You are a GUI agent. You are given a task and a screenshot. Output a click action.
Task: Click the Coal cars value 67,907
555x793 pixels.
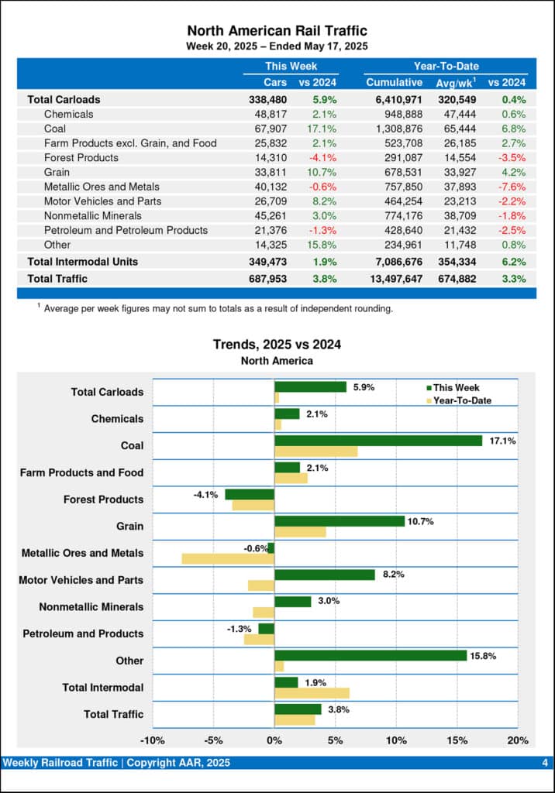pyautogui.click(x=270, y=129)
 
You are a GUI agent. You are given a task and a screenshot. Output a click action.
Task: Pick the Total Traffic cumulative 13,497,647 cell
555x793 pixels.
pyautogui.click(x=394, y=279)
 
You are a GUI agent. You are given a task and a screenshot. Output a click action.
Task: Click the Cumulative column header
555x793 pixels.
pyautogui.click(x=394, y=82)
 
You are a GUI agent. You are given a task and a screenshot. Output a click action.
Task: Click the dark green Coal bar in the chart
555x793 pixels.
pyautogui.click(x=378, y=441)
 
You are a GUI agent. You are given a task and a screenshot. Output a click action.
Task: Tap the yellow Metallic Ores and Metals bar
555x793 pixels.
pyautogui.click(x=228, y=558)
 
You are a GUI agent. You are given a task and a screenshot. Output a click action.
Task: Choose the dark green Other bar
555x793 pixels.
pyautogui.click(x=371, y=655)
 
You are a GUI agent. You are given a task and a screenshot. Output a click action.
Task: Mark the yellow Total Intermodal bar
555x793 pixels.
pyautogui.click(x=312, y=693)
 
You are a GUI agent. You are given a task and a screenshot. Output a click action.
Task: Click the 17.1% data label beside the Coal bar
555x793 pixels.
pyautogui.click(x=502, y=441)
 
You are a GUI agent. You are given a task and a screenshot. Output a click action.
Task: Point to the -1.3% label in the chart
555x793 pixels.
pyautogui.click(x=239, y=629)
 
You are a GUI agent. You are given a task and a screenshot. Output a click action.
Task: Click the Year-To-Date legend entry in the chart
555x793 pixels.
pyautogui.click(x=458, y=400)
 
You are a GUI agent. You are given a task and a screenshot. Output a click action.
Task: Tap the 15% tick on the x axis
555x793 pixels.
pyautogui.click(x=457, y=740)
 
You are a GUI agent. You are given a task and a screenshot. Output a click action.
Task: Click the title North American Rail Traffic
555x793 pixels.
pyautogui.click(x=277, y=31)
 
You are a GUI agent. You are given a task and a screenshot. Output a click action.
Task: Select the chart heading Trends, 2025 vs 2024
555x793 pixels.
pyautogui.click(x=277, y=345)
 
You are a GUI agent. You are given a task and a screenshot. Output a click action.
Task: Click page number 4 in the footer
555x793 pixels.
pyautogui.click(x=545, y=764)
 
